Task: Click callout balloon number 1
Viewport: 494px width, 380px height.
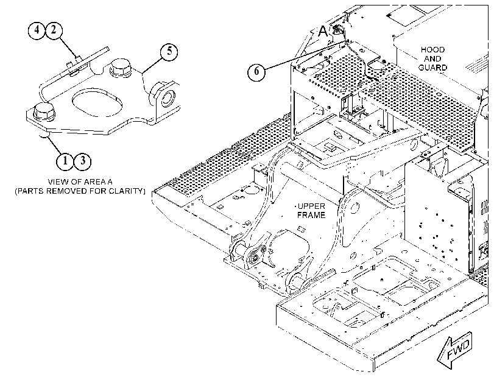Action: (x=65, y=161)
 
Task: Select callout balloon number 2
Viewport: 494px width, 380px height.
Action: (x=54, y=30)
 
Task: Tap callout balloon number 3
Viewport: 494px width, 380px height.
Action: (x=83, y=161)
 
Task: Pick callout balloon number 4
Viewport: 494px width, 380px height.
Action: (x=37, y=30)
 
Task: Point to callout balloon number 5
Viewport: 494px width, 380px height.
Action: (x=169, y=51)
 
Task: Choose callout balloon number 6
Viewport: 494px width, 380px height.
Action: (x=256, y=71)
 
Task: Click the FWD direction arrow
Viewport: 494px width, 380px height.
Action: (x=455, y=350)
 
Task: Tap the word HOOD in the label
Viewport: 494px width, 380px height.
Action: (x=433, y=50)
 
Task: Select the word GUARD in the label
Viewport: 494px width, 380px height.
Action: (x=433, y=68)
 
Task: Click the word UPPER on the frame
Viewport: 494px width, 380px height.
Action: (x=311, y=206)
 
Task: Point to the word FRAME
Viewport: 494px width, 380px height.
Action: (x=311, y=215)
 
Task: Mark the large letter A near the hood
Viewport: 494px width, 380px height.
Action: (x=323, y=32)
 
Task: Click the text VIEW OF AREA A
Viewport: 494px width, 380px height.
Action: (x=80, y=182)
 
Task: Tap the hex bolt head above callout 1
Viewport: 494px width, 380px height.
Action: (x=44, y=111)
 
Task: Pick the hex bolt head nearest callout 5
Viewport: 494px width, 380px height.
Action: (x=121, y=67)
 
